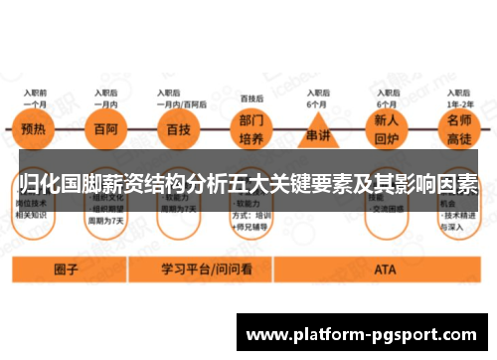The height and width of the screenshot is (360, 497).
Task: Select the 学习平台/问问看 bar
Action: [204, 269]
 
